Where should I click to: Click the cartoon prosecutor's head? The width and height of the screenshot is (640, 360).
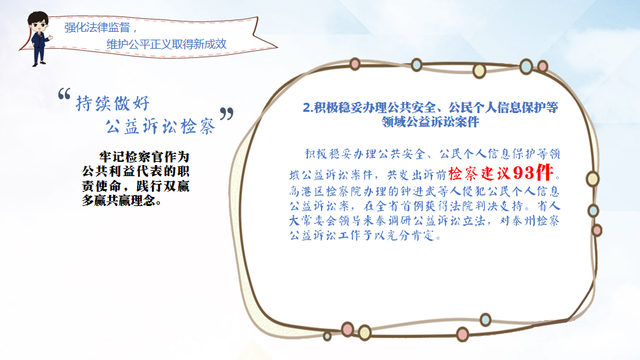coord(38,23)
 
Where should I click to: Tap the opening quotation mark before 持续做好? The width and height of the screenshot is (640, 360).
coord(64,94)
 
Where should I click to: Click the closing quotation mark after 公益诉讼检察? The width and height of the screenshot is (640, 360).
coord(227,114)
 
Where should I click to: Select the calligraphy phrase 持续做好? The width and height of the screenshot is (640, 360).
coord(112,103)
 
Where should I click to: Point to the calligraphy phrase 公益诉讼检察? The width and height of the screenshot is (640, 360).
coord(160,126)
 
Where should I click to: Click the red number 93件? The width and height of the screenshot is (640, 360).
coord(533,173)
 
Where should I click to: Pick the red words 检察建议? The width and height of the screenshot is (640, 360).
coord(480,174)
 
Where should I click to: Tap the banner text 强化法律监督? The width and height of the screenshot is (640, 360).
coord(97,28)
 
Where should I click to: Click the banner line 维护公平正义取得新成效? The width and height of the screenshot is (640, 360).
coord(166,44)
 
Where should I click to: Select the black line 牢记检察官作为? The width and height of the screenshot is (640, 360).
coord(144,157)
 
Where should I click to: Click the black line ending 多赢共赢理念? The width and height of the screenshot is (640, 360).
coord(122,200)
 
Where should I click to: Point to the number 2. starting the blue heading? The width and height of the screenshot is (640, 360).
coord(308,108)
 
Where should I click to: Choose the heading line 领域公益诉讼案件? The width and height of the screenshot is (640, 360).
coord(430,122)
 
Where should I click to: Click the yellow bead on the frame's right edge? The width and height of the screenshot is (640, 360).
coord(593,179)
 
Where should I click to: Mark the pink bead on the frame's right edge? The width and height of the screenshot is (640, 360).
coord(596,230)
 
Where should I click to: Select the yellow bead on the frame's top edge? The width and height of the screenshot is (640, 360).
coord(479,71)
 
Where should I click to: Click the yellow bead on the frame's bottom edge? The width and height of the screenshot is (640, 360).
coord(365,333)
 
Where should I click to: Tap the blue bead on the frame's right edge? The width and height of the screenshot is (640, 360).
coord(593,211)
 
